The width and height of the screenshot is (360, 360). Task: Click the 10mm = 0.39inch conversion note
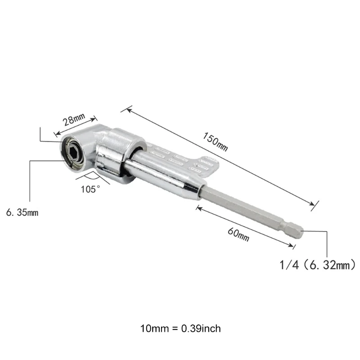(x=180, y=328)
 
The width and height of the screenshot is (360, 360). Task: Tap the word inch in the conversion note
(x=211, y=328)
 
